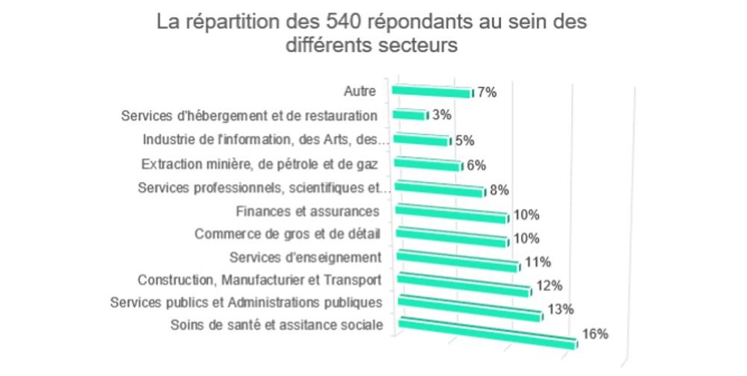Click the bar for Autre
[x=431, y=92]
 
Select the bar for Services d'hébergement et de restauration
[x=409, y=115]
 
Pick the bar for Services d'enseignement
[x=456, y=261]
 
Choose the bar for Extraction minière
[x=426, y=164]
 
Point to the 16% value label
[x=595, y=334]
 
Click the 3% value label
[x=442, y=116]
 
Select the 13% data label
[x=559, y=310]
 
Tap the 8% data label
[x=499, y=190]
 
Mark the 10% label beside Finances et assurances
[x=526, y=216]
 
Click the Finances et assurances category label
[x=307, y=212]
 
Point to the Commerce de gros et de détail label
[x=287, y=234]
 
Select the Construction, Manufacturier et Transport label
[x=259, y=280]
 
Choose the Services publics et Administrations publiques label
[x=246, y=302]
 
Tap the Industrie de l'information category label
[x=265, y=140]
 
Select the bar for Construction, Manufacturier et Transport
[x=463, y=284]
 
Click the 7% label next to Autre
[x=487, y=93]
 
